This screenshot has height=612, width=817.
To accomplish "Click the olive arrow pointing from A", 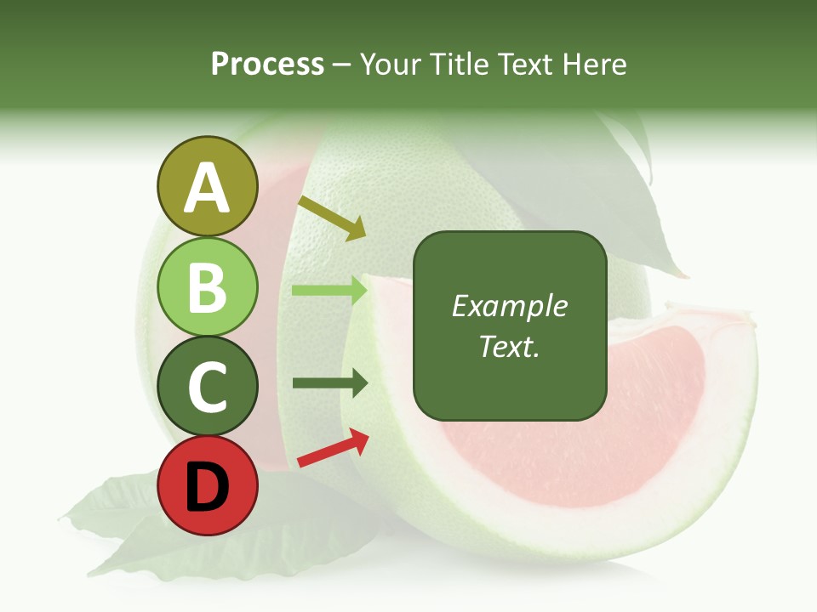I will click(x=332, y=218).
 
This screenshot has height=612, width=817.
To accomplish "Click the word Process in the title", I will click(x=267, y=64).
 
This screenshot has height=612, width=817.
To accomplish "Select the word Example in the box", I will click(x=510, y=306).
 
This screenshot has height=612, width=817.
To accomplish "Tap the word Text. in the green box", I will click(x=510, y=347).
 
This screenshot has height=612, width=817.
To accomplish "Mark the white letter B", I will click(x=207, y=287).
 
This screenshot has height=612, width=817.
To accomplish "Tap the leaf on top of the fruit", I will click(x=630, y=195).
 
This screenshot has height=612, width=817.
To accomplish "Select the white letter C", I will click(x=207, y=388).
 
